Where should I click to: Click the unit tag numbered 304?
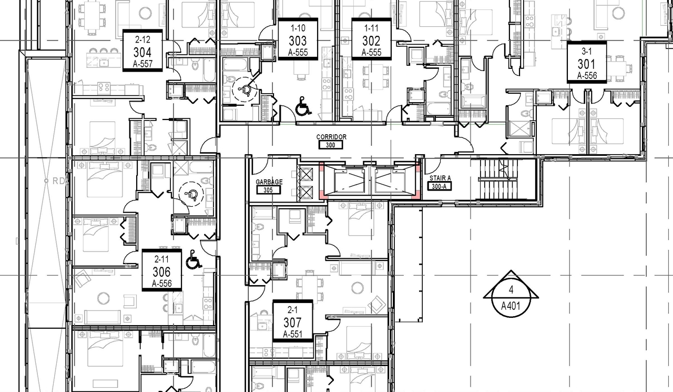142,51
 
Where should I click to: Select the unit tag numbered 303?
298,40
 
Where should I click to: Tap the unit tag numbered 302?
371,40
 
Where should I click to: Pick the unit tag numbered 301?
587,63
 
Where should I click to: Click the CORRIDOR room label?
331,137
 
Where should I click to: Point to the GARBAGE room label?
269,182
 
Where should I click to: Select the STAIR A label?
440,178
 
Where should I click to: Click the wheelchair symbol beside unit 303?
303,106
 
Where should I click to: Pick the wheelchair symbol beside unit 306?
193,259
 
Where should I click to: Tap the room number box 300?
330,145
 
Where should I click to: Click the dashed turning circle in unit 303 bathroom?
243,91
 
